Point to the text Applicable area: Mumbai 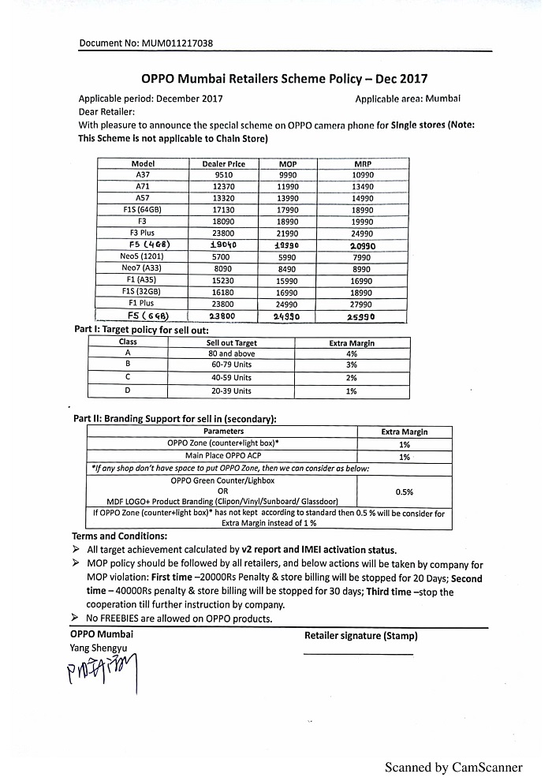click(x=408, y=99)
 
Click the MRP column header click(x=363, y=164)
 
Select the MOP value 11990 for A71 click(x=288, y=187)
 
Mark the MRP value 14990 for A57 click(x=363, y=199)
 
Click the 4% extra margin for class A click(x=352, y=354)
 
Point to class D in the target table click(x=128, y=390)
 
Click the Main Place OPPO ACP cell click(x=222, y=456)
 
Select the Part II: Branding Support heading click(x=175, y=419)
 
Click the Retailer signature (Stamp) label click(x=361, y=635)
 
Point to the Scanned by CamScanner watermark click(x=453, y=767)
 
